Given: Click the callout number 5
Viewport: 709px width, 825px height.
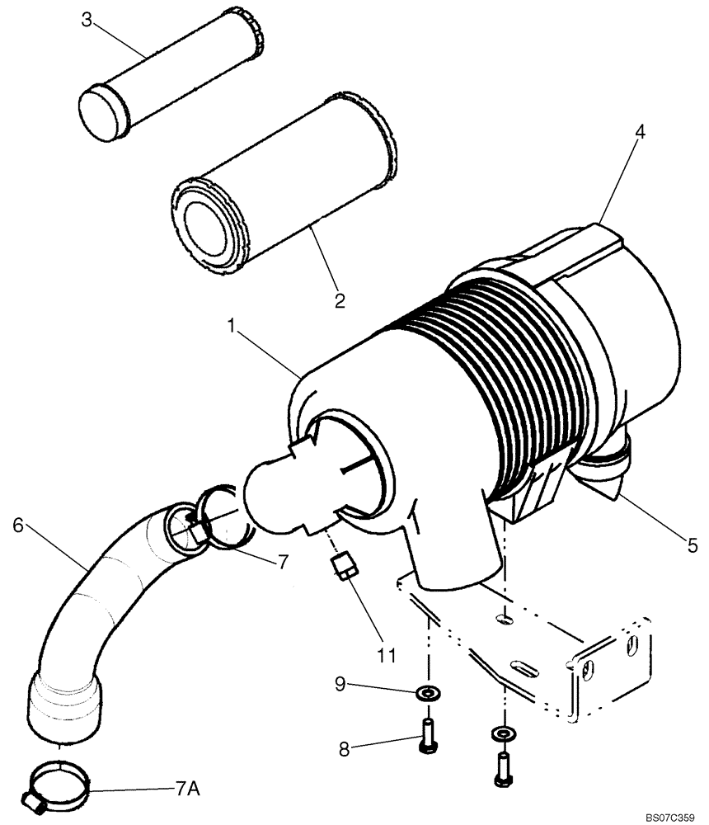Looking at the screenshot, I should coord(693,544).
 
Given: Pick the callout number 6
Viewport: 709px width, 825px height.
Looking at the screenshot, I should coord(19,524).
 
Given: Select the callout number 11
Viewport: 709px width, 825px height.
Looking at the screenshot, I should coord(386,656).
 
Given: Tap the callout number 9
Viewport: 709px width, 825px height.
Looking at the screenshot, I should coord(340,683).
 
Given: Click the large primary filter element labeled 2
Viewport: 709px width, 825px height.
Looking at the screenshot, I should coord(284,194).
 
